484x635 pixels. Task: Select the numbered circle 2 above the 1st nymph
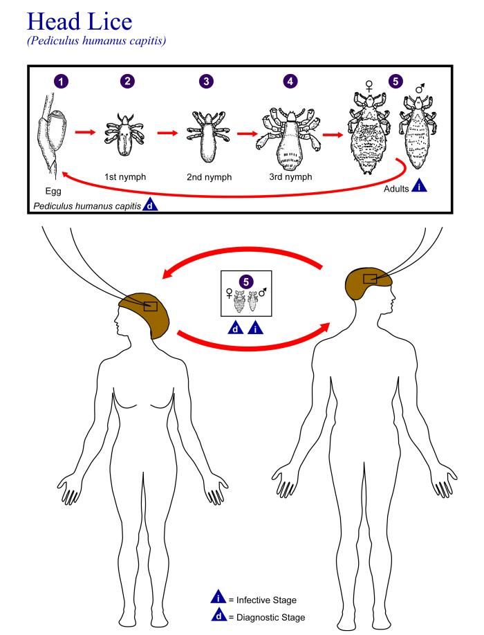click(x=127, y=81)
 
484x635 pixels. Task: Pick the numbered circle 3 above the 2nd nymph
click(x=206, y=81)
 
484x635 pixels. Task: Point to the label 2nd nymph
click(x=208, y=177)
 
